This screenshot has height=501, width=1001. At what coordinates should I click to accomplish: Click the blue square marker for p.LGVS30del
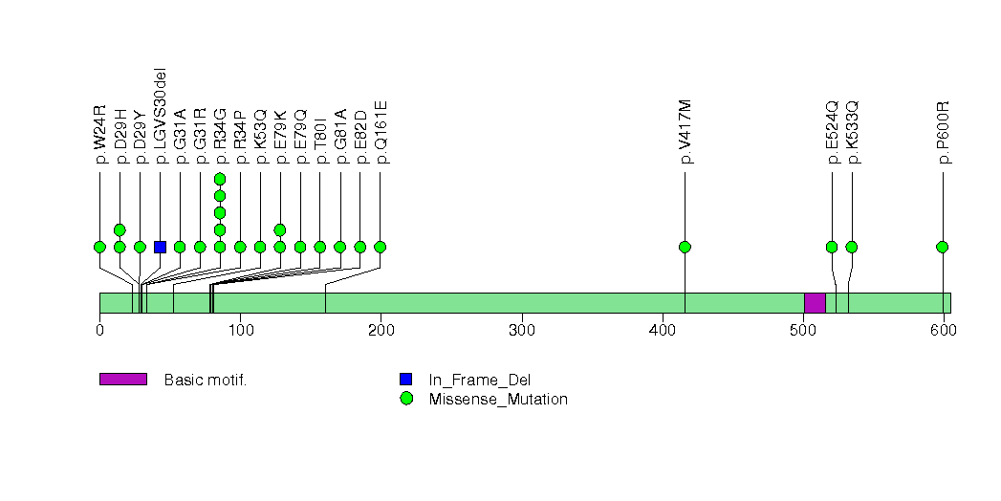pyautogui.click(x=160, y=247)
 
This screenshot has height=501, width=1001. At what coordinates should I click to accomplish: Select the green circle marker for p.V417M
pyautogui.click(x=685, y=247)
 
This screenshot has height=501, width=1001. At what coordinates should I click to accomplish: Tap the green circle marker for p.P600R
pyautogui.click(x=943, y=247)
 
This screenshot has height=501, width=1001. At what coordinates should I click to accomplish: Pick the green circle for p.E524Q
pyautogui.click(x=832, y=247)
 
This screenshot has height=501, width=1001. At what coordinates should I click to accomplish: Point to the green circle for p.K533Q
pyautogui.click(x=852, y=247)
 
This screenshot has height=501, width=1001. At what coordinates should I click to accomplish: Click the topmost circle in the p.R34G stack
pyautogui.click(x=220, y=179)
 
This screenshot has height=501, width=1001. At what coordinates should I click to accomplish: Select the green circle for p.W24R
pyautogui.click(x=99, y=247)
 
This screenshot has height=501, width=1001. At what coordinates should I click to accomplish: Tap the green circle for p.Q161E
pyautogui.click(x=381, y=247)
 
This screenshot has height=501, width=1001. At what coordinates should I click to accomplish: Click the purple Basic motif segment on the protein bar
pyautogui.click(x=815, y=302)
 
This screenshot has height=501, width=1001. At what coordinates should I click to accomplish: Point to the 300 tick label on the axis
pyautogui.click(x=521, y=330)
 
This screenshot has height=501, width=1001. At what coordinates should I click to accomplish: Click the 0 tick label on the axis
pyautogui.click(x=99, y=330)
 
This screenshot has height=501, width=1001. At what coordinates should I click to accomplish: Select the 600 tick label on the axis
pyautogui.click(x=944, y=330)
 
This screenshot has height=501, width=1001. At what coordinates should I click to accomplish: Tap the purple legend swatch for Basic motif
pyautogui.click(x=122, y=380)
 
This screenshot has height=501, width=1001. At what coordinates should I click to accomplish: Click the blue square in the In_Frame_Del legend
pyautogui.click(x=406, y=380)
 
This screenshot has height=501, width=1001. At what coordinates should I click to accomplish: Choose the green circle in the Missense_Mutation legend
pyautogui.click(x=406, y=399)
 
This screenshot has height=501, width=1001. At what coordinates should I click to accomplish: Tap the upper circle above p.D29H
pyautogui.click(x=120, y=229)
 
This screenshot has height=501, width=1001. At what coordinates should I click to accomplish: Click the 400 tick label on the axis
pyautogui.click(x=663, y=330)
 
